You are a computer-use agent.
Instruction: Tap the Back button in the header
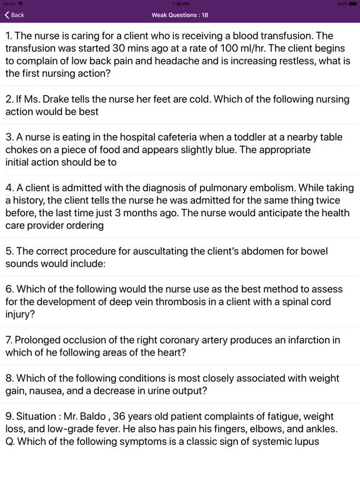14,15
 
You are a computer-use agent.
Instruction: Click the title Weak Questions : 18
180,15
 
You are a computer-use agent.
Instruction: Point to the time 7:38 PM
180,4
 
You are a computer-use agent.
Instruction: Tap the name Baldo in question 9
92,416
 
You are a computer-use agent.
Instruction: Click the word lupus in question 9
305,442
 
